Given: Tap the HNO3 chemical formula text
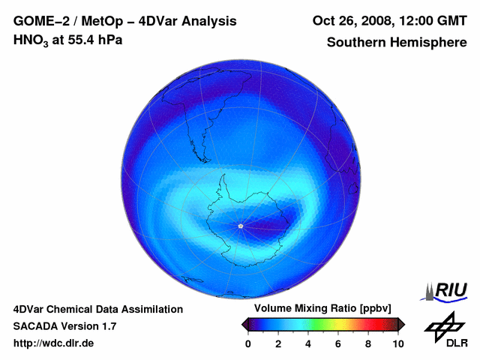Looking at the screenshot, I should click(30, 40).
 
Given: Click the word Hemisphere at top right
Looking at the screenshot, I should click(430, 43).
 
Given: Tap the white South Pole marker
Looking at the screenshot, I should click(240, 226).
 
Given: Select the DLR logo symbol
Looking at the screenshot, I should click(443, 325).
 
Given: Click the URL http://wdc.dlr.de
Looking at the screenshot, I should click(54, 343).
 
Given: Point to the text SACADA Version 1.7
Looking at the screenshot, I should click(64, 326).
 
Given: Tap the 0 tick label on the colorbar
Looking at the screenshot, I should click(248, 343).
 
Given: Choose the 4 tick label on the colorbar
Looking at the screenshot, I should click(308, 343).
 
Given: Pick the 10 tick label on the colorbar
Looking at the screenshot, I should click(397, 343).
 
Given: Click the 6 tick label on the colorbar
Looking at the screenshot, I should click(338, 343).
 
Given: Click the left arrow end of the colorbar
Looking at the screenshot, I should click(244, 324).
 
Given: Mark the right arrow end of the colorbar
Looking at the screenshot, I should click(401, 324).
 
